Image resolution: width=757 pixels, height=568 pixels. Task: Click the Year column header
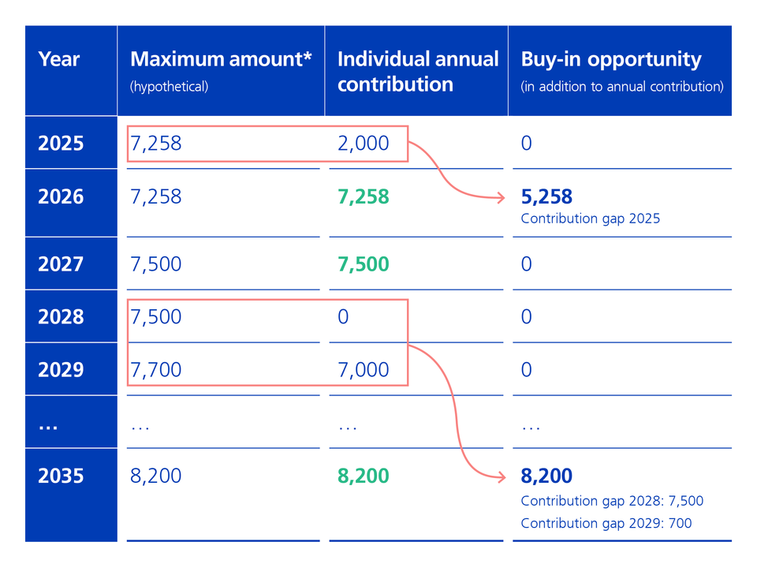pos(59,60)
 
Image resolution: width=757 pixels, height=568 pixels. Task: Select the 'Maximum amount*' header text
pos(221,59)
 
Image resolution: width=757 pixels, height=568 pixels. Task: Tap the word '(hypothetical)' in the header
pos(169,87)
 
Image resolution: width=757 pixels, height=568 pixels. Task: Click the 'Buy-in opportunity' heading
pos(610,59)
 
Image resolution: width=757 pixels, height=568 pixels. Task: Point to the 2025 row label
pos(61,144)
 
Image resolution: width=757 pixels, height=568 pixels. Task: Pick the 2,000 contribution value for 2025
pos(364,144)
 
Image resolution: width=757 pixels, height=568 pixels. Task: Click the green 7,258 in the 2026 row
pos(364,196)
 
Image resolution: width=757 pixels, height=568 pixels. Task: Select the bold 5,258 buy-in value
pos(546,196)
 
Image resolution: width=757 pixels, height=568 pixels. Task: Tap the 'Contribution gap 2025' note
pos(590,219)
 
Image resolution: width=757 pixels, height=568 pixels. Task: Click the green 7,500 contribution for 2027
pos(364,263)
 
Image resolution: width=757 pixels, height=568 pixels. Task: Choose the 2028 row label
pos(61,317)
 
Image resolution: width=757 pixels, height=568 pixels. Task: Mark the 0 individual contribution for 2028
pos(343,317)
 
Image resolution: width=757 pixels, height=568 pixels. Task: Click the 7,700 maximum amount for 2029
pos(156,370)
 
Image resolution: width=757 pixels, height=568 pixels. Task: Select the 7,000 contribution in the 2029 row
pos(364,370)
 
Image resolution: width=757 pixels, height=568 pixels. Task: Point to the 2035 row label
pos(61,476)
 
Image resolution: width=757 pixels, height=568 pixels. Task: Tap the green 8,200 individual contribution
pos(364,476)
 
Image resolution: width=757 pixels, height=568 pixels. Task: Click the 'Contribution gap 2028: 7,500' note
pos(612,501)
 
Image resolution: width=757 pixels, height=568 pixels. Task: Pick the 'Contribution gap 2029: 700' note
pos(606,523)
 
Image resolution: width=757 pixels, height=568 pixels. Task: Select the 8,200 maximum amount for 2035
pos(156,476)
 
